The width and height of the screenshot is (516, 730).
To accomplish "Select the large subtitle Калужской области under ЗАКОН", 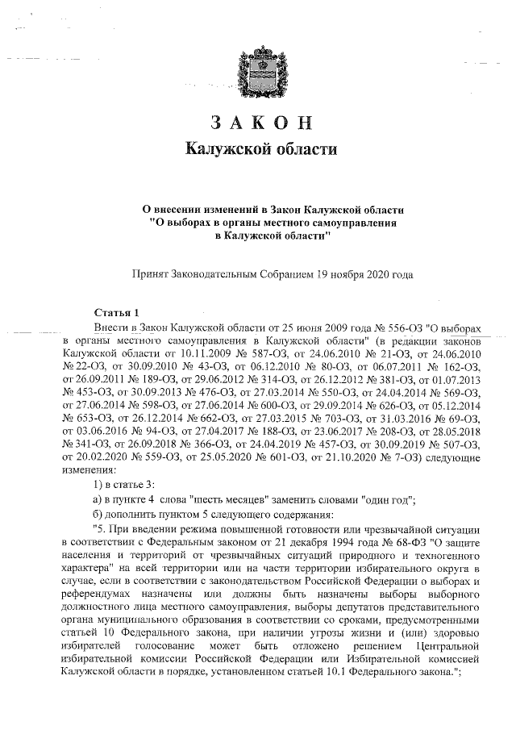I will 258,149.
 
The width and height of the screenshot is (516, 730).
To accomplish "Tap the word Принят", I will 152,274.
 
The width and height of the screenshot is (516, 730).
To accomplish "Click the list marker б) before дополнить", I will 98,514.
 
